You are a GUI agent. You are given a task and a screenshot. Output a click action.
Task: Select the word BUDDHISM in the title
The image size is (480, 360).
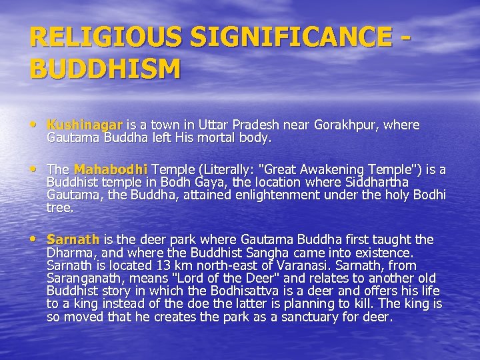[105, 68]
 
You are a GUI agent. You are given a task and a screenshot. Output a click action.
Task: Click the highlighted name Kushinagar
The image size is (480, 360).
[85, 125]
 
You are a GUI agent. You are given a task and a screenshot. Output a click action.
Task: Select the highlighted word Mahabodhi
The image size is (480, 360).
[111, 169]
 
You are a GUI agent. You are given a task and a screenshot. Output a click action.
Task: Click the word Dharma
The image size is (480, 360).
[67, 253]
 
